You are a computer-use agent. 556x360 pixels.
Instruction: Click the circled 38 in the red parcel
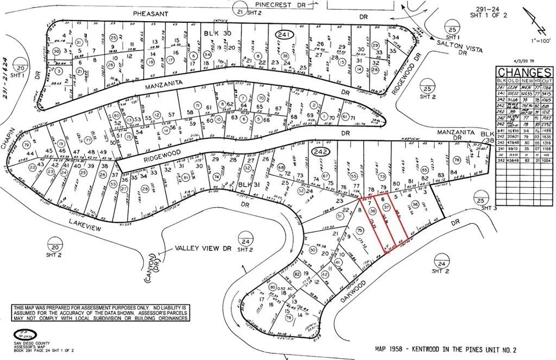point(372,210)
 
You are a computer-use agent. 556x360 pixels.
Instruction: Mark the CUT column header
point(545,80)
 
